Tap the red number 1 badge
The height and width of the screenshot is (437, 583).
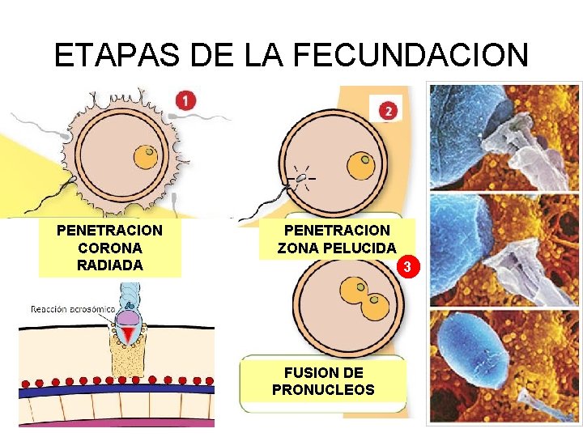coord(186,100)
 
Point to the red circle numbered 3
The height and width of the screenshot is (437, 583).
coord(410,266)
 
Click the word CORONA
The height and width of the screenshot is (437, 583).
coord(109,248)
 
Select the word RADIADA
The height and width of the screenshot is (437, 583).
coord(109,265)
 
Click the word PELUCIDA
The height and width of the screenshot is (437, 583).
coord(364,248)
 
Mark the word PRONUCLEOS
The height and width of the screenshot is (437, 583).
coord(323,389)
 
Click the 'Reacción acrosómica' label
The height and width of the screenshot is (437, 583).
coord(73,308)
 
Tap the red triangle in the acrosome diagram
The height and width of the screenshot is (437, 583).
coord(128,334)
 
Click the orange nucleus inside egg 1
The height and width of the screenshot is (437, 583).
coord(147,155)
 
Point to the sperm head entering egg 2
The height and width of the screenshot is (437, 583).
coord(300,177)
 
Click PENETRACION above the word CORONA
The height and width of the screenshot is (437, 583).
coord(109,231)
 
